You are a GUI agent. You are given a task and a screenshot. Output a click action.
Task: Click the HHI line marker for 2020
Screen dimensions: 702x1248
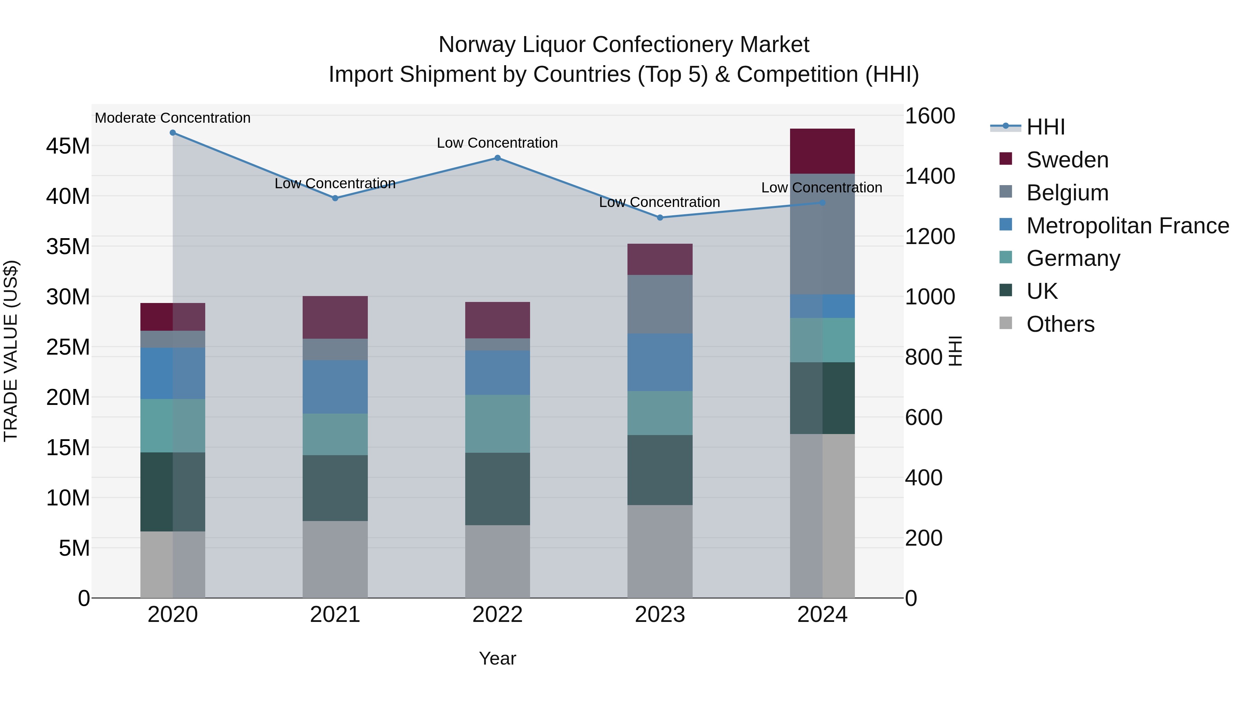(x=173, y=133)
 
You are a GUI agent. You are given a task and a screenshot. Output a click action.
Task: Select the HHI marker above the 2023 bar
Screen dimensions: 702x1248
(x=659, y=217)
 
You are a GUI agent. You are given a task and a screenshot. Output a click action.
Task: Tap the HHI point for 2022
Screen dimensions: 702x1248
(x=497, y=158)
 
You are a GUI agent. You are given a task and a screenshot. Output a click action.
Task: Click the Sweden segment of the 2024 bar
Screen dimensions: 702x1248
(x=822, y=151)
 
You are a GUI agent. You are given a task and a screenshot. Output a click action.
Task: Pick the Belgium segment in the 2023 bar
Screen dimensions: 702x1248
(x=659, y=304)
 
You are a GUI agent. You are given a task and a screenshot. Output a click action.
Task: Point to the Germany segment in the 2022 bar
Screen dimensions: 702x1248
(x=497, y=424)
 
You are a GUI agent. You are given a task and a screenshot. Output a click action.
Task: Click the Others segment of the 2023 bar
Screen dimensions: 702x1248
(x=659, y=551)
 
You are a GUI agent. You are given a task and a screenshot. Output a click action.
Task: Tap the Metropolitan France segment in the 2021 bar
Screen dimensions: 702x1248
(x=335, y=387)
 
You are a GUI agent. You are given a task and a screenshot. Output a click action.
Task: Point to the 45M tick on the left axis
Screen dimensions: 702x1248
(x=68, y=146)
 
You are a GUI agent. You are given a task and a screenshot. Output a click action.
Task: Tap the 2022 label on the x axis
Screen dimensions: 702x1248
(x=497, y=615)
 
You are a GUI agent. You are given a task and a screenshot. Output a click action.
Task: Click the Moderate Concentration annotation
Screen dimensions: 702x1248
(x=173, y=118)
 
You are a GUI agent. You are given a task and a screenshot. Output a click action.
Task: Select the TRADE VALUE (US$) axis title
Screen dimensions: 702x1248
(x=11, y=351)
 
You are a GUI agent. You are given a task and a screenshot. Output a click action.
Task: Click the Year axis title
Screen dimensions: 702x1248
(x=497, y=658)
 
